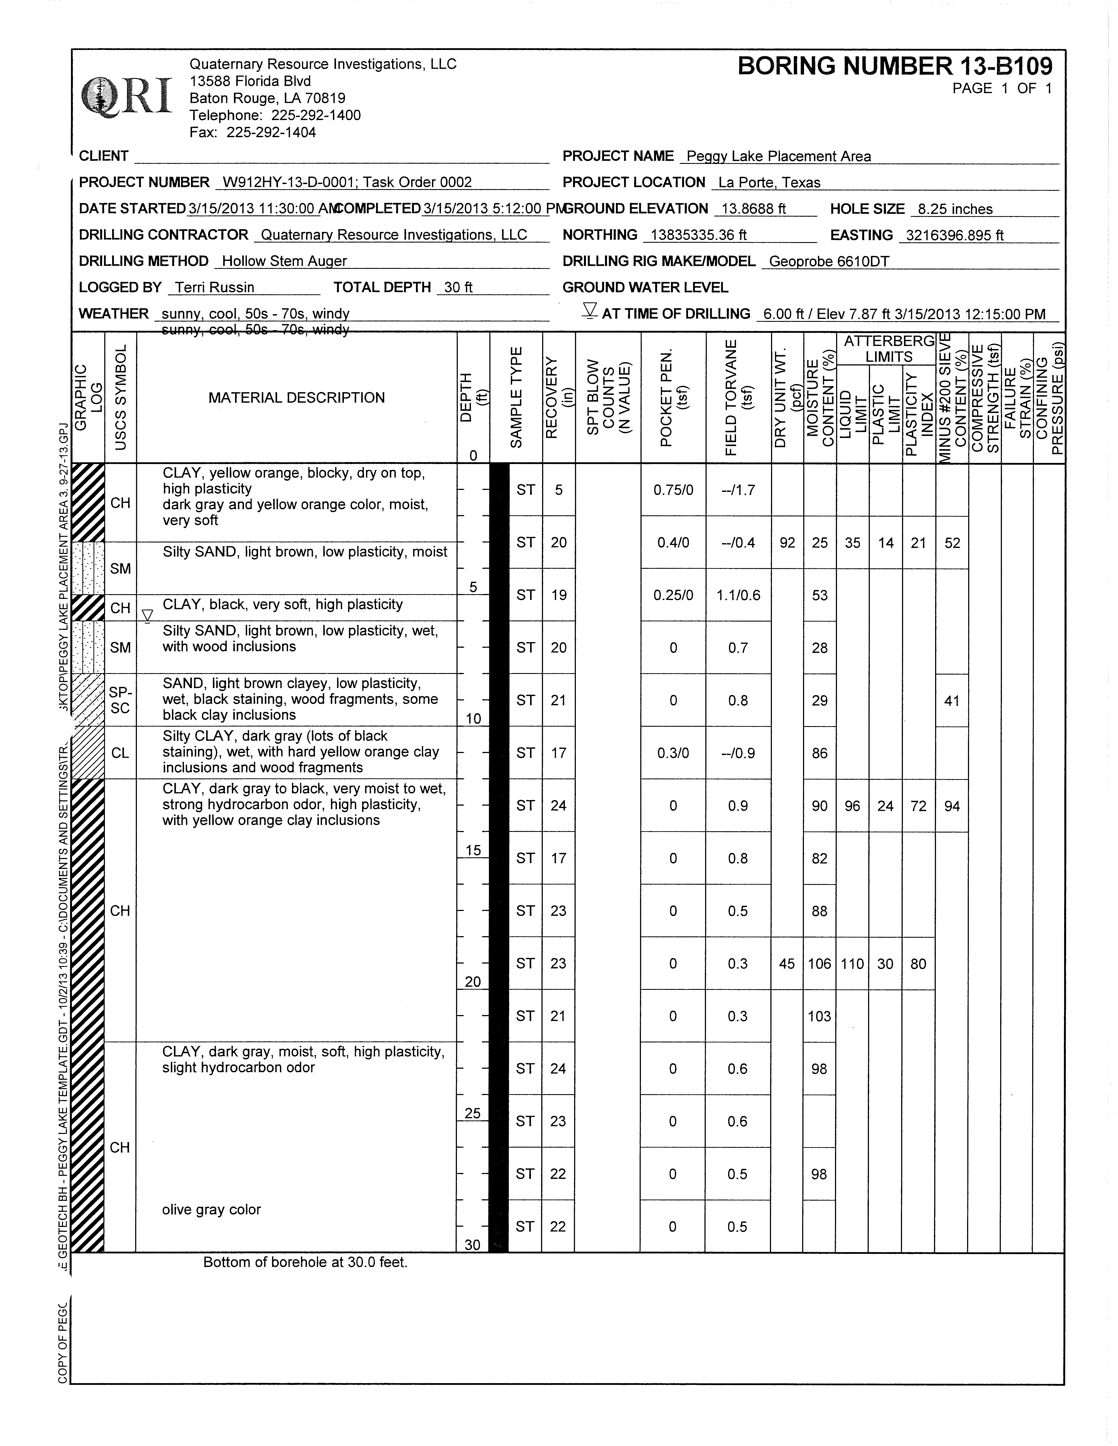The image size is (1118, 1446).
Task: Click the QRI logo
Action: [126, 97]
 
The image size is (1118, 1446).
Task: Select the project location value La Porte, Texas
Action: [769, 183]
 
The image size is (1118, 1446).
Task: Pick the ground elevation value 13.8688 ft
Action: [753, 209]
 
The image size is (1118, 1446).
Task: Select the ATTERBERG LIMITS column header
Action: [888, 349]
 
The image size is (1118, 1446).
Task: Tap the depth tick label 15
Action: [473, 850]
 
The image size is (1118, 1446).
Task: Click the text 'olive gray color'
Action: [211, 1210]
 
